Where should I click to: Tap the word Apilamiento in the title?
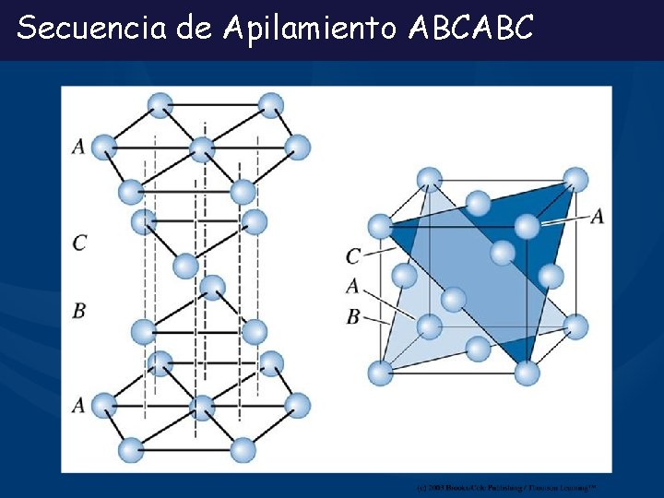308,29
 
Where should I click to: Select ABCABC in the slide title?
469,29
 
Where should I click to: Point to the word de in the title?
194,29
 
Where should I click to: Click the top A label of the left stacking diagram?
78,146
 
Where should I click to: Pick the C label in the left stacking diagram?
79,243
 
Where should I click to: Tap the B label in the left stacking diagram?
79,311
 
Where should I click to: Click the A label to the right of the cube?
597,215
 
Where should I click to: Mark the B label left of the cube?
352,316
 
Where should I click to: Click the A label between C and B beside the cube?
352,286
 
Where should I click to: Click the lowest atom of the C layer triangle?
185,266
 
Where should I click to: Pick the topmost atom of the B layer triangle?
212,287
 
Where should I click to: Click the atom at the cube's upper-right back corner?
575,179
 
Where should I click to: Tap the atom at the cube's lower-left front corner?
380,373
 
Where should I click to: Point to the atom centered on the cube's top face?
478,202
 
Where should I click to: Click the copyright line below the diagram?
505,486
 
